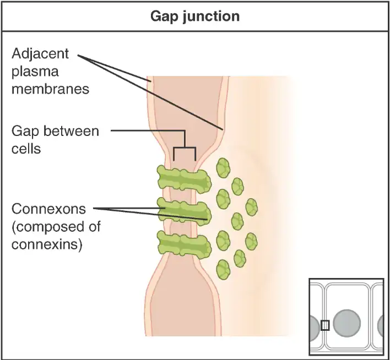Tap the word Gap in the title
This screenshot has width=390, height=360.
point(164,16)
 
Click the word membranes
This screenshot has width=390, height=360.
point(50,89)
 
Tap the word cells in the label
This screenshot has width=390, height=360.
point(26,148)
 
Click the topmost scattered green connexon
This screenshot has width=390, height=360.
point(223,168)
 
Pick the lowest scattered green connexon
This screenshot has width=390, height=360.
point(224,270)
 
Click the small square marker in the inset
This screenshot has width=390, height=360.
point(325,325)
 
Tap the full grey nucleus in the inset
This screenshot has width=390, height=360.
point(346,323)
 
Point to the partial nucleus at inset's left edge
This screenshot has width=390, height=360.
point(314,326)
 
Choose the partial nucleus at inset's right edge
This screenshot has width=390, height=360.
point(381,326)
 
